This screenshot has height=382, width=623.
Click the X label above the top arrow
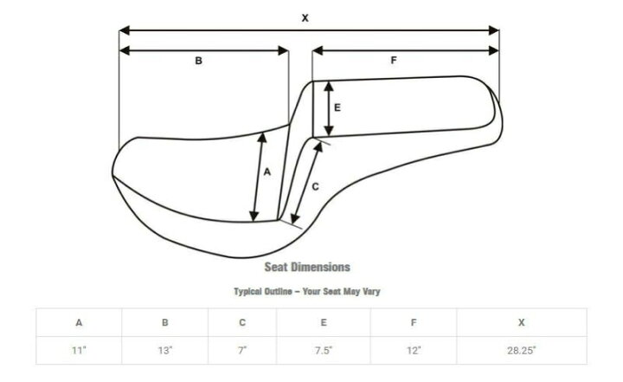point(305,18)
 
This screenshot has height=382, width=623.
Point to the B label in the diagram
point(199,61)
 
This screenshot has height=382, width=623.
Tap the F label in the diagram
point(394,60)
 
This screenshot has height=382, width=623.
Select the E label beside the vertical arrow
point(337,107)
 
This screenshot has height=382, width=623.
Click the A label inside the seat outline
point(267,172)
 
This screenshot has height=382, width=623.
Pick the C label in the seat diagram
point(315,186)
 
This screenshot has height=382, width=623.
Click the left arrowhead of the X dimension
point(125,30)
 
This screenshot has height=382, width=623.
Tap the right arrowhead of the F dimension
point(494,50)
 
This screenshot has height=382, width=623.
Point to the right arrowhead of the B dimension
point(283,50)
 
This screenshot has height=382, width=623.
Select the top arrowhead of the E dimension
point(329,87)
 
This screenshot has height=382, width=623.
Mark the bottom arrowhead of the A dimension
point(254,216)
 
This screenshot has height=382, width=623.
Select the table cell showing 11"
point(79,350)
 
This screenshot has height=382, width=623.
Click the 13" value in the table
point(165,350)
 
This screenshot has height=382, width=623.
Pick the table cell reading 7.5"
point(324,350)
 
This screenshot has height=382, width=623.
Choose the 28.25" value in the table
point(521,350)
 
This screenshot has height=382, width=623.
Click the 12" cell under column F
point(414,350)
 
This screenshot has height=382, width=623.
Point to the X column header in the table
point(521,322)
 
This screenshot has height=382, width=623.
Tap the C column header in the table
point(242,322)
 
